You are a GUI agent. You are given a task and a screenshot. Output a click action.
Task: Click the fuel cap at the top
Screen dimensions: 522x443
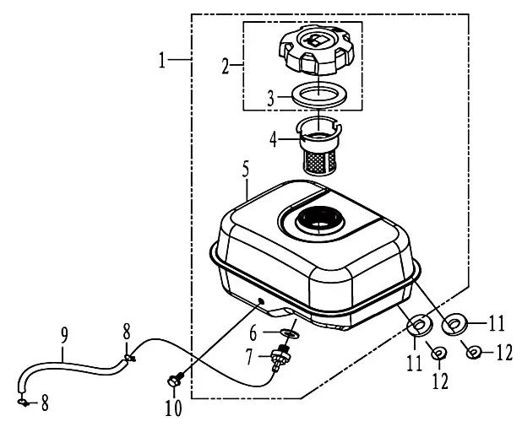316,50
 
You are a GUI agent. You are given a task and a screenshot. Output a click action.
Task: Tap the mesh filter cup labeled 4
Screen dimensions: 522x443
319,146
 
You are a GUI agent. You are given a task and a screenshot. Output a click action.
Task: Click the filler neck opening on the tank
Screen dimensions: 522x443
320,220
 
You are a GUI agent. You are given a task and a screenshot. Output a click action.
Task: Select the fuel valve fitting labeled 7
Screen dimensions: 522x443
280,358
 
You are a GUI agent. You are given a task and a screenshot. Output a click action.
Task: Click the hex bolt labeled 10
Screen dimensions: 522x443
175,380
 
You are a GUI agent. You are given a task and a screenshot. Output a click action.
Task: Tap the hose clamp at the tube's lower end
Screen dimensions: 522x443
23,402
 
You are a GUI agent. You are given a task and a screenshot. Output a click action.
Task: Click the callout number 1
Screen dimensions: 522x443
162,60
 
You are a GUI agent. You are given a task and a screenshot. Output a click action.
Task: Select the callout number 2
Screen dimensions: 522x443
226,66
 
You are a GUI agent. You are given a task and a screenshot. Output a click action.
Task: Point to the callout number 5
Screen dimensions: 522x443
245,170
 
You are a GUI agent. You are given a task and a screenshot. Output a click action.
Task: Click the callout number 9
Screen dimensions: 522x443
64,335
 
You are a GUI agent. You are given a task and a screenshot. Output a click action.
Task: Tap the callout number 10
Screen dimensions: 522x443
173,408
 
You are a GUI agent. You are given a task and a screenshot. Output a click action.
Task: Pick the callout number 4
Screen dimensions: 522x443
273,139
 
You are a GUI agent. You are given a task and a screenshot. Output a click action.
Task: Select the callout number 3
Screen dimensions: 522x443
270,99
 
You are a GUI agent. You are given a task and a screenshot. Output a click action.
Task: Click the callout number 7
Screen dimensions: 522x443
249,357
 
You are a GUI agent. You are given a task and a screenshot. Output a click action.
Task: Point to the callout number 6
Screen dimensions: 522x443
253,333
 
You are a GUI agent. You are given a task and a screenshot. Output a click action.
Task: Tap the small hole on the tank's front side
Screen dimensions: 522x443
260,301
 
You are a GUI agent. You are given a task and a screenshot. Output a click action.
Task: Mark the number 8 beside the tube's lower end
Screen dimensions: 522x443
45,402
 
